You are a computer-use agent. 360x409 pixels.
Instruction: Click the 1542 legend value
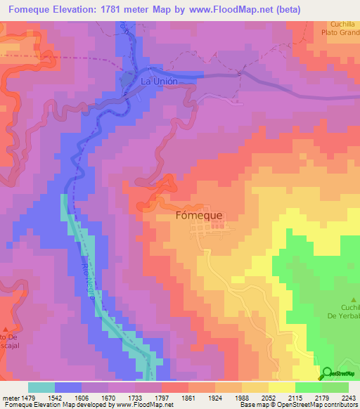(68, 398)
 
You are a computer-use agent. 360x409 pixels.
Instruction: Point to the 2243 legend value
(347, 398)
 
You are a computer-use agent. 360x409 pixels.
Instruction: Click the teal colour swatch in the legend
(41, 387)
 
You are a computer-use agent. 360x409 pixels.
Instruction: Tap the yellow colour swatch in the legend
(282, 387)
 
